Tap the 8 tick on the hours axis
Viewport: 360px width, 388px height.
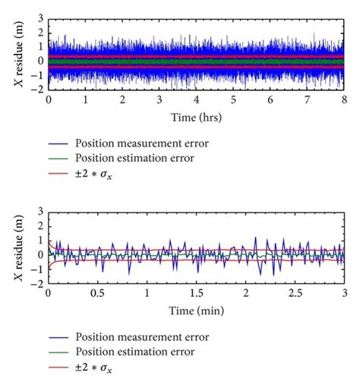pos(345,99)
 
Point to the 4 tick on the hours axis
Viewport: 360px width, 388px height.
pos(197,99)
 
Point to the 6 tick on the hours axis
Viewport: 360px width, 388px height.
pos(271,99)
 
